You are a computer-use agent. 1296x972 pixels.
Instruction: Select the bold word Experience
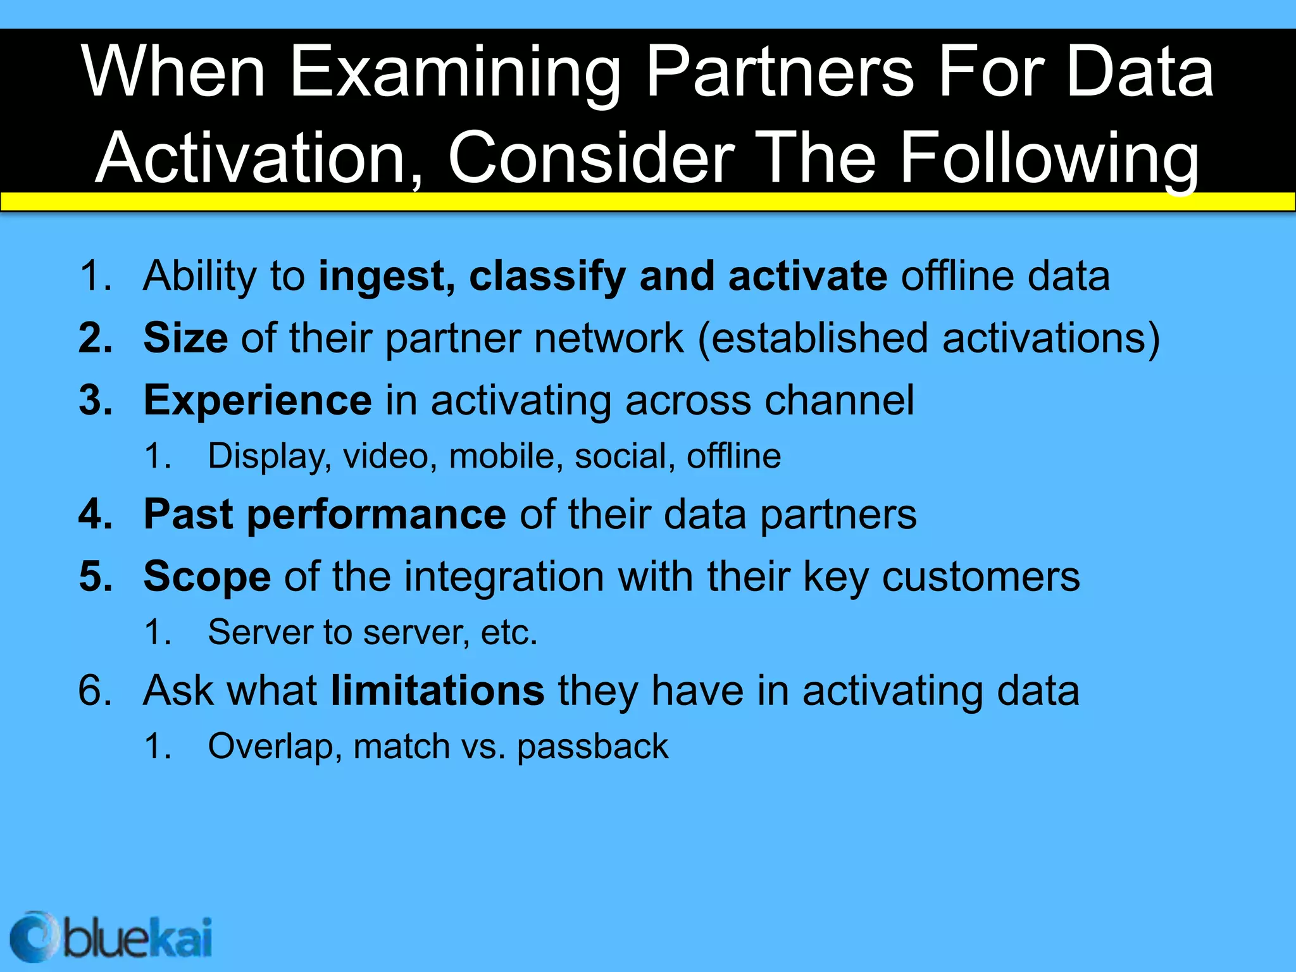258,401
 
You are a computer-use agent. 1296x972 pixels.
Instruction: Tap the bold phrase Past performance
324,514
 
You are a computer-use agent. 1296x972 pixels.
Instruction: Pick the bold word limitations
437,690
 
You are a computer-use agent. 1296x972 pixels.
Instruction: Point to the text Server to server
338,632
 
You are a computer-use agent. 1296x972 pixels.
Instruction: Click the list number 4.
93,514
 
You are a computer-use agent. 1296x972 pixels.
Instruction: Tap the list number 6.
93,690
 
